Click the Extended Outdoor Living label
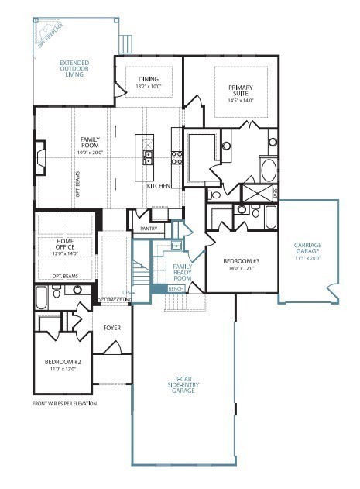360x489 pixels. pos(73,69)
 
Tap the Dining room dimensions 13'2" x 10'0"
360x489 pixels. pos(148,87)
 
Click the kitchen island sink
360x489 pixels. pos(145,159)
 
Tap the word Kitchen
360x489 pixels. pos(159,187)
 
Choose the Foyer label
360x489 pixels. pos(111,328)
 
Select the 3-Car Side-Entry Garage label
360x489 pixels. pos(183,386)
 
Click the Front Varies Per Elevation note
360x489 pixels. pos(64,404)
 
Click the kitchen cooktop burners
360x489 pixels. pos(176,158)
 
